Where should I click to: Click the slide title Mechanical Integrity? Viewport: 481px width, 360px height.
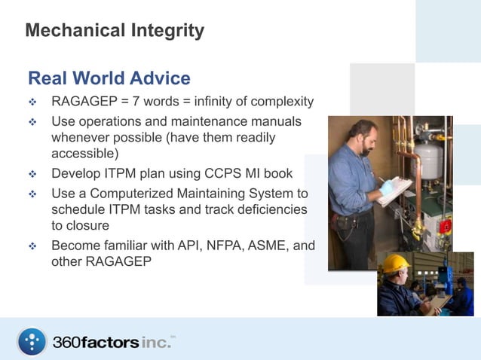click(x=115, y=31)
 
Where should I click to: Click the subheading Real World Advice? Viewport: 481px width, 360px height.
click(x=109, y=78)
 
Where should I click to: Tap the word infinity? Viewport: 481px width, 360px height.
click(x=218, y=102)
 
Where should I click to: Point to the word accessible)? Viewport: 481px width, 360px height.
click(x=85, y=154)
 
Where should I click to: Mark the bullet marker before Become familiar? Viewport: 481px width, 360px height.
click(x=32, y=246)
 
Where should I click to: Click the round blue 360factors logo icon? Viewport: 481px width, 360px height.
click(x=32, y=341)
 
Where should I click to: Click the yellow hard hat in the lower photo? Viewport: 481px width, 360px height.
click(x=394, y=264)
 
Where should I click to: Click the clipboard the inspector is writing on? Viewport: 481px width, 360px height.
click(x=395, y=190)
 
